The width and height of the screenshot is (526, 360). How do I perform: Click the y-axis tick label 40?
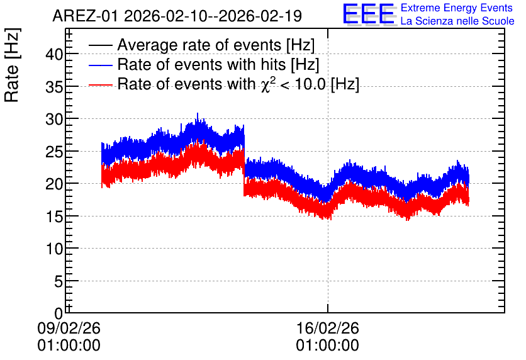(x=54, y=54)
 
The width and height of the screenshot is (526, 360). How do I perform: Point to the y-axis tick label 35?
(x=54, y=87)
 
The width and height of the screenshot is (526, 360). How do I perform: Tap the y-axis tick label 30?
(x=54, y=119)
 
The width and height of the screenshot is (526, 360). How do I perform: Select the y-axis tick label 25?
(x=54, y=152)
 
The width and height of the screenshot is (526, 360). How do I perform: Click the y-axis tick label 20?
(x=54, y=184)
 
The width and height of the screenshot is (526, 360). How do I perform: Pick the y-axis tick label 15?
(x=54, y=217)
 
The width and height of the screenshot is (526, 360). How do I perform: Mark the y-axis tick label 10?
(x=54, y=249)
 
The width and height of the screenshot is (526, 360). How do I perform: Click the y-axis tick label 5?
(x=59, y=281)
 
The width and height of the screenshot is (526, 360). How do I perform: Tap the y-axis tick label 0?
(x=59, y=313)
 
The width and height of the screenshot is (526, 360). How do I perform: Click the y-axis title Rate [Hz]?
(x=12, y=65)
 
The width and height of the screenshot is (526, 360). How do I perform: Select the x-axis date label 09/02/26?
(x=69, y=328)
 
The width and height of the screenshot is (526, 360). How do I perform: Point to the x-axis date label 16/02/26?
(x=327, y=328)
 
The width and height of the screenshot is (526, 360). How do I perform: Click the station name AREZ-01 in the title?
(x=85, y=16)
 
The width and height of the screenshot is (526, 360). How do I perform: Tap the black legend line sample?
(x=101, y=45)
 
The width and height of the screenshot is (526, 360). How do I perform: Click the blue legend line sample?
(x=101, y=65)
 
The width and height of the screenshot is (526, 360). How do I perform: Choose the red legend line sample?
(x=101, y=84)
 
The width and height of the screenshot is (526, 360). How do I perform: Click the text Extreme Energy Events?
(x=457, y=8)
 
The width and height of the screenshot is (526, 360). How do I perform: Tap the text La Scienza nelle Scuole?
(x=457, y=21)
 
